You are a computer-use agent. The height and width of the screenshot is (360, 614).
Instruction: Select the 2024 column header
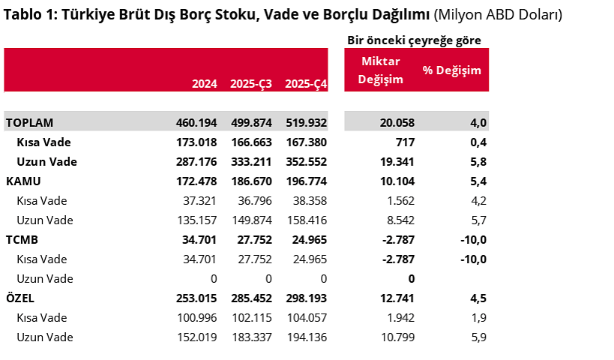(x=205, y=84)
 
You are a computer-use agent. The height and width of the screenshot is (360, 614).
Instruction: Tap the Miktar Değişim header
(x=381, y=70)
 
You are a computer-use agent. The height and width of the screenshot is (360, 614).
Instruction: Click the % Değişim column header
(x=451, y=70)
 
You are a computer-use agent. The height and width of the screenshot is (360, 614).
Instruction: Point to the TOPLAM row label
(x=29, y=122)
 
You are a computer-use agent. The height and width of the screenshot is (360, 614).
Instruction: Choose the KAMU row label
(x=23, y=181)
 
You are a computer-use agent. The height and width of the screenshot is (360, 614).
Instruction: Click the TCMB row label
(x=22, y=239)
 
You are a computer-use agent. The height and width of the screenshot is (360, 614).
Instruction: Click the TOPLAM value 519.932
(x=306, y=122)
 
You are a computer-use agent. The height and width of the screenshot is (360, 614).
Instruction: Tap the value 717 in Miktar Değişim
(x=405, y=142)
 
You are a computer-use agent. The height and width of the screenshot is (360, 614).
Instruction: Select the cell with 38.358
(x=306, y=200)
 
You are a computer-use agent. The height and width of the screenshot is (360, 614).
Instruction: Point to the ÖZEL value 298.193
(x=306, y=298)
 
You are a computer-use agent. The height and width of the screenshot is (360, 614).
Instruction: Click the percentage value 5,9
(x=478, y=337)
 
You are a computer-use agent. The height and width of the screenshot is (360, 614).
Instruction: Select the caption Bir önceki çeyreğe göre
(x=414, y=40)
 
